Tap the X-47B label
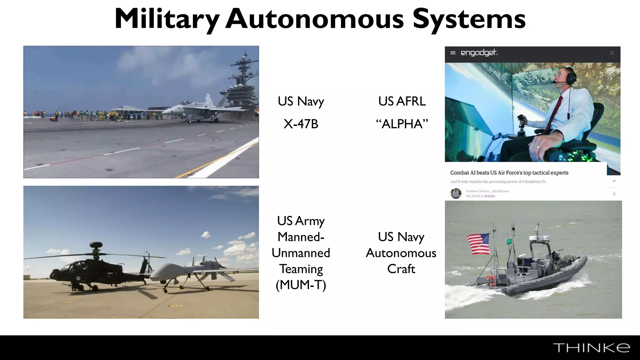click(x=301, y=124)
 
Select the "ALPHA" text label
click(x=402, y=124)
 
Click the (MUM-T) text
click(x=301, y=285)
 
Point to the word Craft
click(x=401, y=269)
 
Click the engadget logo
click(x=479, y=53)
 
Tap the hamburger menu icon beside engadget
click(x=453, y=53)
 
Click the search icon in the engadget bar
click(x=612, y=53)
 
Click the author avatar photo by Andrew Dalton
click(x=456, y=193)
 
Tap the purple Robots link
click(x=490, y=196)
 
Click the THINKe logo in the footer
click(x=591, y=348)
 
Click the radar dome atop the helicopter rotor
click(x=96, y=245)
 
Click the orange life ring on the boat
click(x=491, y=280)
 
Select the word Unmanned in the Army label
click(x=301, y=253)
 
